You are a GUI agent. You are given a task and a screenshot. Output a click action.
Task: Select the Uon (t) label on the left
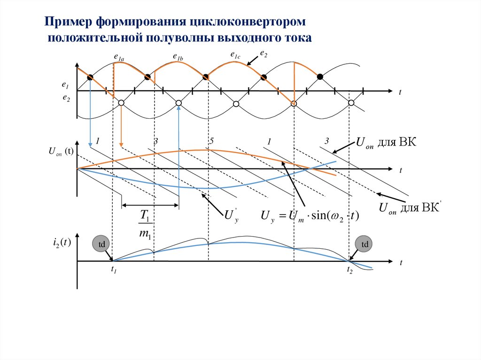(60, 151)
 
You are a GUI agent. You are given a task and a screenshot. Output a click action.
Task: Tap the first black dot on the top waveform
(90, 77)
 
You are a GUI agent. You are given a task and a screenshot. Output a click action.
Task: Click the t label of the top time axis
(400, 92)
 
